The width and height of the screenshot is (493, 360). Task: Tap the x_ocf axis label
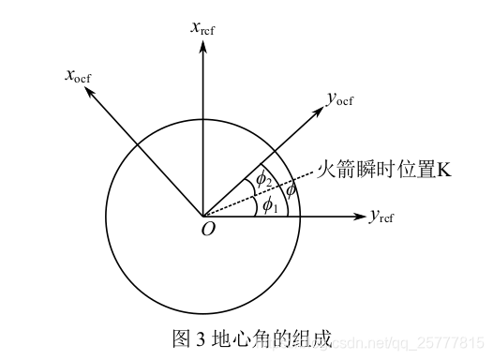tap(79, 74)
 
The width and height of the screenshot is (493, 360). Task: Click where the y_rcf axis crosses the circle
tap(301, 217)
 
